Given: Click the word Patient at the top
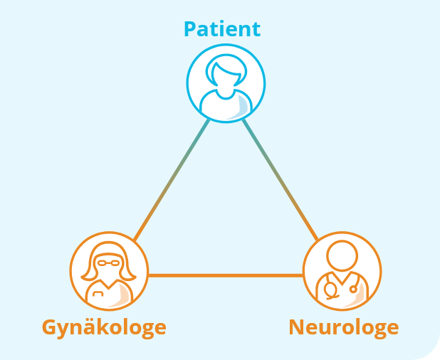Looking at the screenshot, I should (222, 29).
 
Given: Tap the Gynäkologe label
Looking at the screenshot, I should (104, 327).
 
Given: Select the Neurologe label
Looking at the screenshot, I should (343, 327).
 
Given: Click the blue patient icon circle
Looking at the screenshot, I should (226, 83).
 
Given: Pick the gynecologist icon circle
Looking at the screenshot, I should (109, 270).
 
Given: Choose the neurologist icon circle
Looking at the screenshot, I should (342, 270).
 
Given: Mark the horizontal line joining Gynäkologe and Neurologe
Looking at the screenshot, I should (225, 275).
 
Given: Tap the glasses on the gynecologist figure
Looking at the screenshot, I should (109, 263).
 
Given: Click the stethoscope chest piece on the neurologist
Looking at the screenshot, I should (330, 290).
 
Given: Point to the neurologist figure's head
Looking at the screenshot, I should (342, 255).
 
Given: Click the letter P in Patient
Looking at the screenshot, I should (190, 29).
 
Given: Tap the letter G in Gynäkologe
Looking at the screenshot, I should (49, 327).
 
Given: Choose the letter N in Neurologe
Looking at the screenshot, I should (297, 327).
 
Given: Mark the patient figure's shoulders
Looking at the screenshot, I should (226, 104).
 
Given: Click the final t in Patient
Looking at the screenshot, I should (256, 29).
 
